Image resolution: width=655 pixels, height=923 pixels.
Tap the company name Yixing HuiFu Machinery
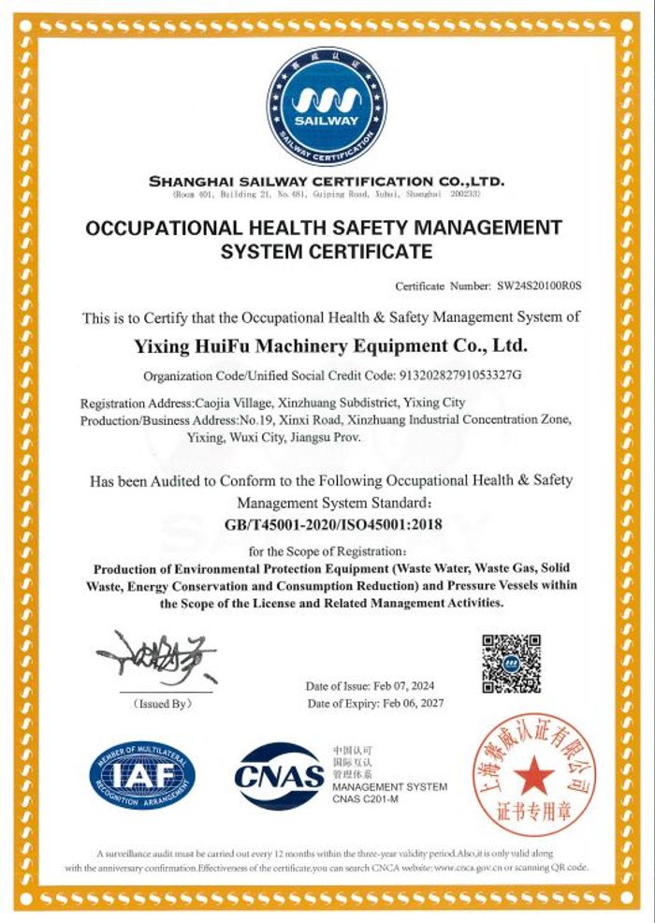[x=332, y=346]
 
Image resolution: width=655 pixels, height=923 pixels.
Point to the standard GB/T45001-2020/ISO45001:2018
[x=333, y=524]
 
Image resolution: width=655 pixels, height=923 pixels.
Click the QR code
[x=511, y=663]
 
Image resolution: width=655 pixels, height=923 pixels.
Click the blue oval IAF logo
[x=142, y=774]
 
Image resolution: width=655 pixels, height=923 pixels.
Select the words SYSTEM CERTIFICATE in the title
[x=327, y=251]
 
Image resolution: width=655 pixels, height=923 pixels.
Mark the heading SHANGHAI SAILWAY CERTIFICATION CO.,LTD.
[x=327, y=180]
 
